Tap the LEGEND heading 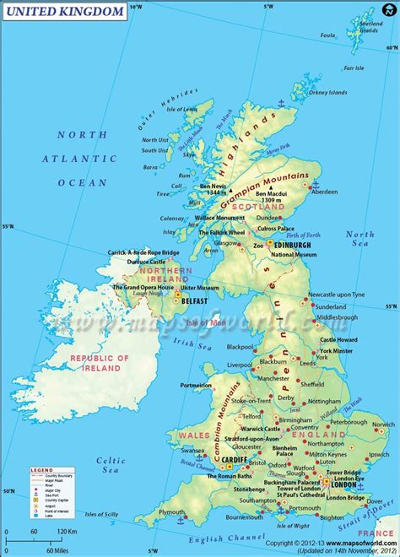coord(42,468)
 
